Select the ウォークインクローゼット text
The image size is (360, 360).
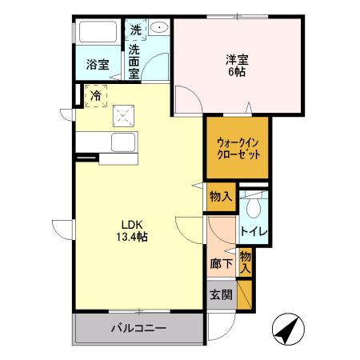coord(238,148)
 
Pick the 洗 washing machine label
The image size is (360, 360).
coord(137,30)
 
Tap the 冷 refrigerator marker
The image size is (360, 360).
coord(96,97)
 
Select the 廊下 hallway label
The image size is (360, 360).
coord(221,264)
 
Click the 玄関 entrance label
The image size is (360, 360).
coord(221,295)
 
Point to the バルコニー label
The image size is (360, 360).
coord(138,329)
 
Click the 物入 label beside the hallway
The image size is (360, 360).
coord(246,262)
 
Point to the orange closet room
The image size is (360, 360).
coord(238,148)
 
